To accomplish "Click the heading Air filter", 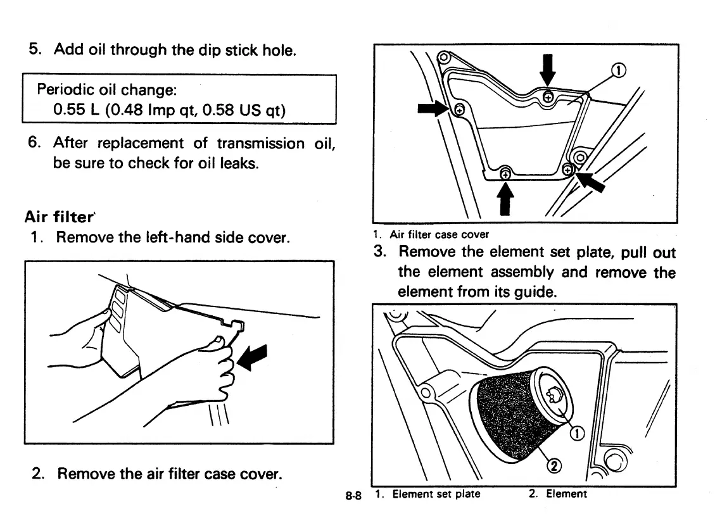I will point(58,217).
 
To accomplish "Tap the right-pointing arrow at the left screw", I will point(433,109).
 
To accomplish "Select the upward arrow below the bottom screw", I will point(505,199).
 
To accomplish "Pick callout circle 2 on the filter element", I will point(554,466).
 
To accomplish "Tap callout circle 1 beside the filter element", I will point(577,433).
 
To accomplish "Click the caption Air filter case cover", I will point(439,235).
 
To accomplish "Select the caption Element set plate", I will point(436,494).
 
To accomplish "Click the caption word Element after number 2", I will point(566,494).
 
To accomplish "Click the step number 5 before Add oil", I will point(35,49).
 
